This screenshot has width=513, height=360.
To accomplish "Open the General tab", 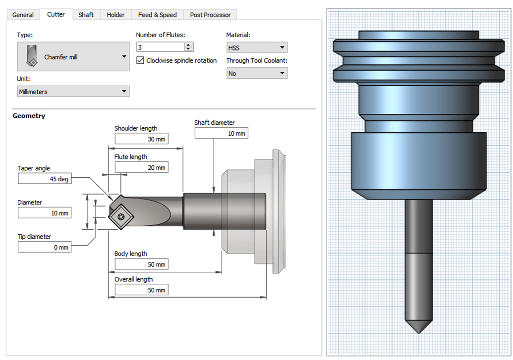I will pos(23,15).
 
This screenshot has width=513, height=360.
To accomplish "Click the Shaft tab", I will pos(86,15).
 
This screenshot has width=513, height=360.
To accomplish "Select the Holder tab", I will pos(115,15).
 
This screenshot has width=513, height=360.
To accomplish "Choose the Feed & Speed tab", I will pos(157,15).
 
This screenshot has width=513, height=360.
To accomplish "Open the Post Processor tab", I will pos(210,15).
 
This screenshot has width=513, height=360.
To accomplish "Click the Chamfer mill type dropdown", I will pos(73,57).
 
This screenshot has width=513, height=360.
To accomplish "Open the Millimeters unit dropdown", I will pos(73,92).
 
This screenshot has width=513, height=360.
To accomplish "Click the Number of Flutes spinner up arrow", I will pos(188,45).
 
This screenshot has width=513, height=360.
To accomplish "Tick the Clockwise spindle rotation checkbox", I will pos(140,60).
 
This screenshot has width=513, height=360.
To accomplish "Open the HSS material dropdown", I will pos(257,48).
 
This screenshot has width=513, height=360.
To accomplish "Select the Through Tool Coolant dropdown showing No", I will pos(257,73).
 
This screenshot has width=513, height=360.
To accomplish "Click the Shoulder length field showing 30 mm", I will pos(141,139).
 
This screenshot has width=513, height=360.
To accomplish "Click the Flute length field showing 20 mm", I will pos(141,168).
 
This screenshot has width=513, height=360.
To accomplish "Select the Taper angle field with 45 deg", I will pos(45,179).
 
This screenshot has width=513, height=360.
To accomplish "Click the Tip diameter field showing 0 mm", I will pos(45,247).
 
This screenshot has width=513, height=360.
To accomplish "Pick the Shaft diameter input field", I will pos(221,133).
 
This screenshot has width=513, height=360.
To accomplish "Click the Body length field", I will pos(141,264).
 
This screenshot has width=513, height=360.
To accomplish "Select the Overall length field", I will pos(141,290).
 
